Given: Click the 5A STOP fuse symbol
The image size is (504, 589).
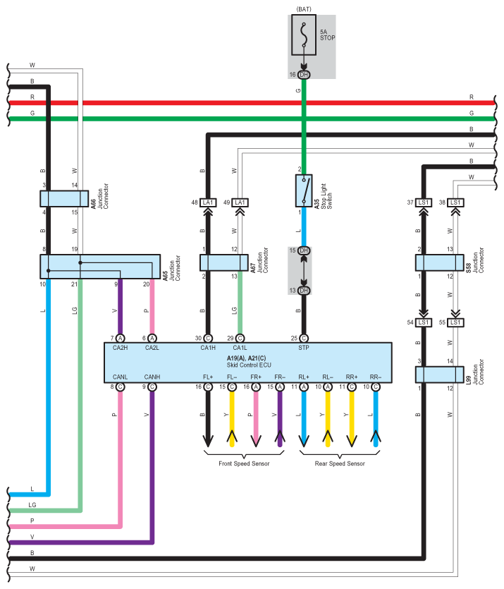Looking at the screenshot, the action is pos(304,35).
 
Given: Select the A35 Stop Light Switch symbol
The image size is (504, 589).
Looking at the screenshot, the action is pos(304,190).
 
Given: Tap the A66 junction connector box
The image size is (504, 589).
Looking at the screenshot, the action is pos(64,199).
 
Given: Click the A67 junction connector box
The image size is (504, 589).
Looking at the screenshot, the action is pos(224,262).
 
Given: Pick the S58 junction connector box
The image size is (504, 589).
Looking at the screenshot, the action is pos(439,262).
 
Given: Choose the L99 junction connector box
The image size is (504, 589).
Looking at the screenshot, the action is pos(439,375).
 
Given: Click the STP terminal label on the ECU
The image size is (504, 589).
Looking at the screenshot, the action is pos(304,348).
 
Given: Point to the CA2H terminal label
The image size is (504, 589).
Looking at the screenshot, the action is pos(120,348).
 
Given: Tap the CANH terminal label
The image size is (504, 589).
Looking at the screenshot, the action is pos(152,377).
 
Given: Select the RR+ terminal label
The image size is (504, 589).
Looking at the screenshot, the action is pos(352,377).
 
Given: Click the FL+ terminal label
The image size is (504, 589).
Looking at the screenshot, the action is pos(208,377).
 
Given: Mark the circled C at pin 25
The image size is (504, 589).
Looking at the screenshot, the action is pos(304,339).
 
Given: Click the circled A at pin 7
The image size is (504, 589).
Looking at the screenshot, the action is pos(120,339).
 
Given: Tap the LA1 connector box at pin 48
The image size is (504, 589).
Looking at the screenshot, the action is pos(208,202).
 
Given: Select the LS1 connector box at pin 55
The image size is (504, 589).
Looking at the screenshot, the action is pos(455,322).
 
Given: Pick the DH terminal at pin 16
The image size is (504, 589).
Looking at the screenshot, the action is pos(304,75).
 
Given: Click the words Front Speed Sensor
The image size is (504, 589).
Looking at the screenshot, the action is pos(244,463).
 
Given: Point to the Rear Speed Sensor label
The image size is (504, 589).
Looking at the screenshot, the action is pos(340,463).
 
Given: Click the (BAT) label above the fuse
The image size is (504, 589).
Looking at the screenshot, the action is pos(304,9).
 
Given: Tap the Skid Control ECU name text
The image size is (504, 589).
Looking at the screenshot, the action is pos(249,365).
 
